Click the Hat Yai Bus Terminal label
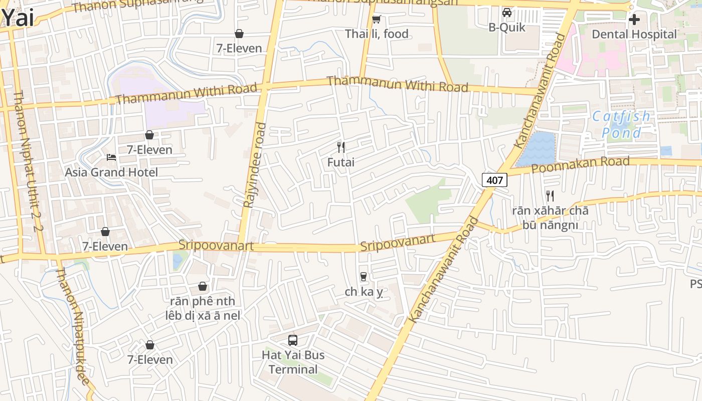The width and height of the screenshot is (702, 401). (x=293, y=362)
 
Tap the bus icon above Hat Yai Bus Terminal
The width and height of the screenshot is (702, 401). (x=293, y=340)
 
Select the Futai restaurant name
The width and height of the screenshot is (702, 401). (x=341, y=162)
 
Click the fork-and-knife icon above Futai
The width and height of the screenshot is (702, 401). (x=341, y=147)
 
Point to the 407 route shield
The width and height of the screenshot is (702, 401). (x=494, y=180)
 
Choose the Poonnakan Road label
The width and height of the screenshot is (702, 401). (x=580, y=164)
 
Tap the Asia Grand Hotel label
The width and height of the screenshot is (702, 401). (x=111, y=172)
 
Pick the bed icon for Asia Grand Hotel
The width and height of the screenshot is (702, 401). (x=111, y=157)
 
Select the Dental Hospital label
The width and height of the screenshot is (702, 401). (x=634, y=34)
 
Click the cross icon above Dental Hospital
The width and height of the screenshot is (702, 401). (x=634, y=20)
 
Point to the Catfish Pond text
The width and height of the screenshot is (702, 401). (x=621, y=125)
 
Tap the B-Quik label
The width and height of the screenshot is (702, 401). (x=507, y=27)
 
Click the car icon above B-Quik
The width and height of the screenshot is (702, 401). (x=507, y=13)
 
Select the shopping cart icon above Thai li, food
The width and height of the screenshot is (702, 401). (x=377, y=20)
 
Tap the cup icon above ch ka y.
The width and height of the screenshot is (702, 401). (x=364, y=276)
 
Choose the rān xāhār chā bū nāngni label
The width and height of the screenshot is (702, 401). (x=550, y=218)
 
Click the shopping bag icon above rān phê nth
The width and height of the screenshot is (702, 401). (x=203, y=286)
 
